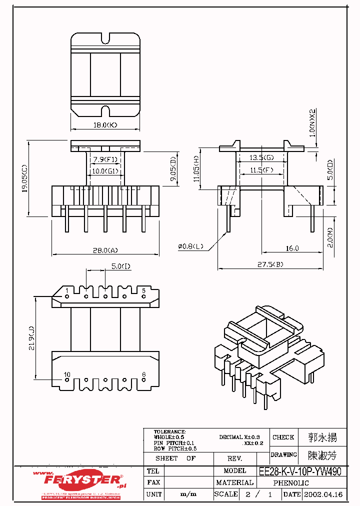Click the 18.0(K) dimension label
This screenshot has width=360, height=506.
tap(105, 124)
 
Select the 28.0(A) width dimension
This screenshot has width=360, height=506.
tap(105, 250)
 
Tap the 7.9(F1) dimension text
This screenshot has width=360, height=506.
tap(105, 160)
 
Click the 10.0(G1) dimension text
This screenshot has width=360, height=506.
tap(105, 171)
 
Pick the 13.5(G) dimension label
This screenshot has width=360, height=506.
tap(262, 158)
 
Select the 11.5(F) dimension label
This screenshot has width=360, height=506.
tap(262, 170)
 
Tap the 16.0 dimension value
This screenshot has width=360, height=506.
tap(292, 248)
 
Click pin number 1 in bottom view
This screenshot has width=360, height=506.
tap(67, 290)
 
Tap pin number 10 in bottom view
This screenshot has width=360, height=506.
tap(67, 374)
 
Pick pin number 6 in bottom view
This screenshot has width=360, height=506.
tap(143, 374)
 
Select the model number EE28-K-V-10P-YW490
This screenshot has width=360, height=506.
tap(300, 471)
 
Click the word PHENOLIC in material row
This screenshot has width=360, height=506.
tap(291, 483)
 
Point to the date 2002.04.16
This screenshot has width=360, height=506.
tap(323, 494)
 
